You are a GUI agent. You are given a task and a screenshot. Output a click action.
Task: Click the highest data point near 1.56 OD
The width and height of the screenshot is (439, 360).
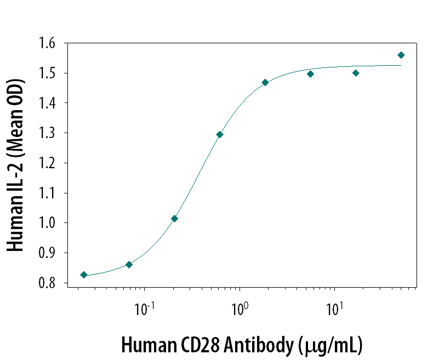(401, 55)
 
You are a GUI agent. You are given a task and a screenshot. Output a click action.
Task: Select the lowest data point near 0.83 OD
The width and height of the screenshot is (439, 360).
(84, 275)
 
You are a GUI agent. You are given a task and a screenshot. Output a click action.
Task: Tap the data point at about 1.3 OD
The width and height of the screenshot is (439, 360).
(220, 134)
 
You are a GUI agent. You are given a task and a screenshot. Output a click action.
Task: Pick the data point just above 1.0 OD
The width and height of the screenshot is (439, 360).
(174, 218)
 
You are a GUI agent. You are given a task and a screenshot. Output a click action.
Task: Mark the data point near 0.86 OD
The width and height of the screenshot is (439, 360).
(129, 265)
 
